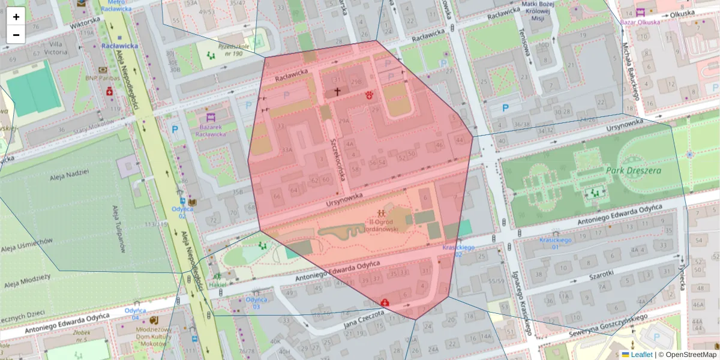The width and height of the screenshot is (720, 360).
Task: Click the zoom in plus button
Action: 16,17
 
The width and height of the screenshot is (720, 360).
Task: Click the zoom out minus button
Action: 16,35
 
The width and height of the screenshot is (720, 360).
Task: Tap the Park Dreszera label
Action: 633,170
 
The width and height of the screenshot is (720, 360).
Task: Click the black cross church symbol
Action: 337,92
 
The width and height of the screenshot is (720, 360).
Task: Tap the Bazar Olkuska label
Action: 640,22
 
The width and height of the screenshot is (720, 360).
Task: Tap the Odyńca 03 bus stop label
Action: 256,303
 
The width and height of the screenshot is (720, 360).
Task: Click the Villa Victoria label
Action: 58,48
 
